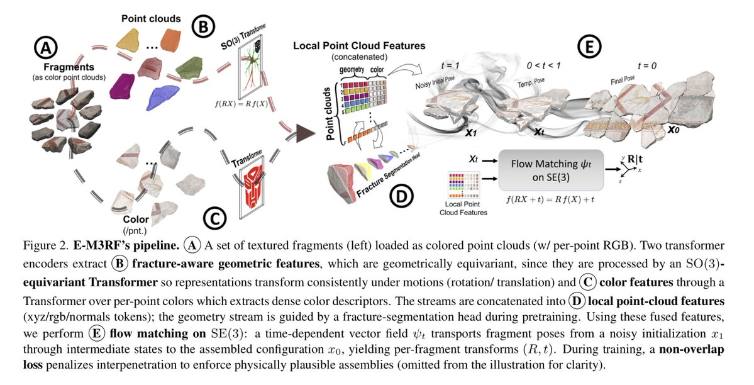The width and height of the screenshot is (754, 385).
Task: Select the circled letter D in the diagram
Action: [401, 197]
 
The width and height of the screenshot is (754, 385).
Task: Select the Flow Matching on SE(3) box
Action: [551, 169]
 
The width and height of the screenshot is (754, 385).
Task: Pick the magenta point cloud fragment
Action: [123, 85]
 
